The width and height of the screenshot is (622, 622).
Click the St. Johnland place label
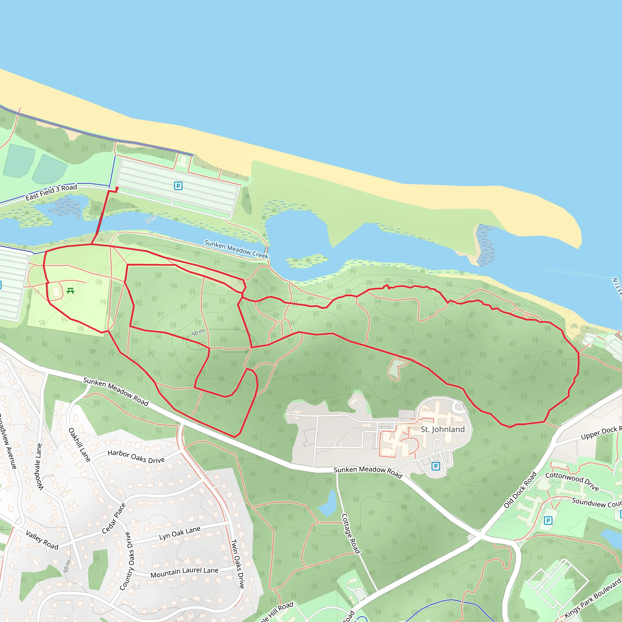(x=443, y=429)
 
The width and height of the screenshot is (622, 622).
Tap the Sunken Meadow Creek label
(x=236, y=249)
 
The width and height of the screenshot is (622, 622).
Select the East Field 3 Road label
(x=52, y=192)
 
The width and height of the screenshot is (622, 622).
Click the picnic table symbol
(x=70, y=291)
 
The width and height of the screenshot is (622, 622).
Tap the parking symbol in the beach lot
(x=178, y=186)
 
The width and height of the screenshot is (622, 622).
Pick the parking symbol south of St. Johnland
(x=436, y=466)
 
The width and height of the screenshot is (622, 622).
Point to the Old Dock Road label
(x=520, y=490)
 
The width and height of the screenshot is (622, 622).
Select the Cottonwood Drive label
(x=572, y=482)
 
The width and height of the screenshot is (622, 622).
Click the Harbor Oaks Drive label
(x=136, y=456)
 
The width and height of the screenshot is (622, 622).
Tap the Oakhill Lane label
(x=79, y=445)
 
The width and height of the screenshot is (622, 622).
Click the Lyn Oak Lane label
(x=180, y=533)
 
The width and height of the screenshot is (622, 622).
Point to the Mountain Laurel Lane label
(x=184, y=572)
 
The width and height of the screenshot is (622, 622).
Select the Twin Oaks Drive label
(x=238, y=564)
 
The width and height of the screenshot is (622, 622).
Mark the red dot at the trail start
(x=117, y=188)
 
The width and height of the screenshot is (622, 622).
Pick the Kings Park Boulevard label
(x=592, y=600)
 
